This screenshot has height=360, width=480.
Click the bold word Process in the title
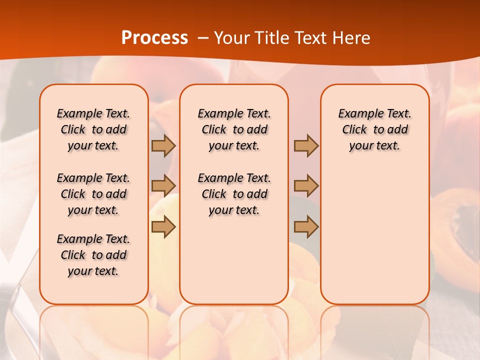[x=154, y=38]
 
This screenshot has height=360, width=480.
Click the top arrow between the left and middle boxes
[x=163, y=145]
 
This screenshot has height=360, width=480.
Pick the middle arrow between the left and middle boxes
[x=163, y=185]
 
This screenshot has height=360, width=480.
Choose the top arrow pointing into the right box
[x=306, y=145]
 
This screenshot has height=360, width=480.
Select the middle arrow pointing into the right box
[x=306, y=185]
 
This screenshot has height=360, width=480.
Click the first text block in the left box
[x=93, y=129]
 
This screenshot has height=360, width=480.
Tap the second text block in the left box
[x=93, y=194]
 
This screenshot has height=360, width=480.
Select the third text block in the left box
[x=93, y=255]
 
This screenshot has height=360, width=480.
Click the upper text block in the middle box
[x=234, y=129]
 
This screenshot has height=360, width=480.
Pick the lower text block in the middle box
[x=234, y=194]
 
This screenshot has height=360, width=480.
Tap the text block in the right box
[x=375, y=129]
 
